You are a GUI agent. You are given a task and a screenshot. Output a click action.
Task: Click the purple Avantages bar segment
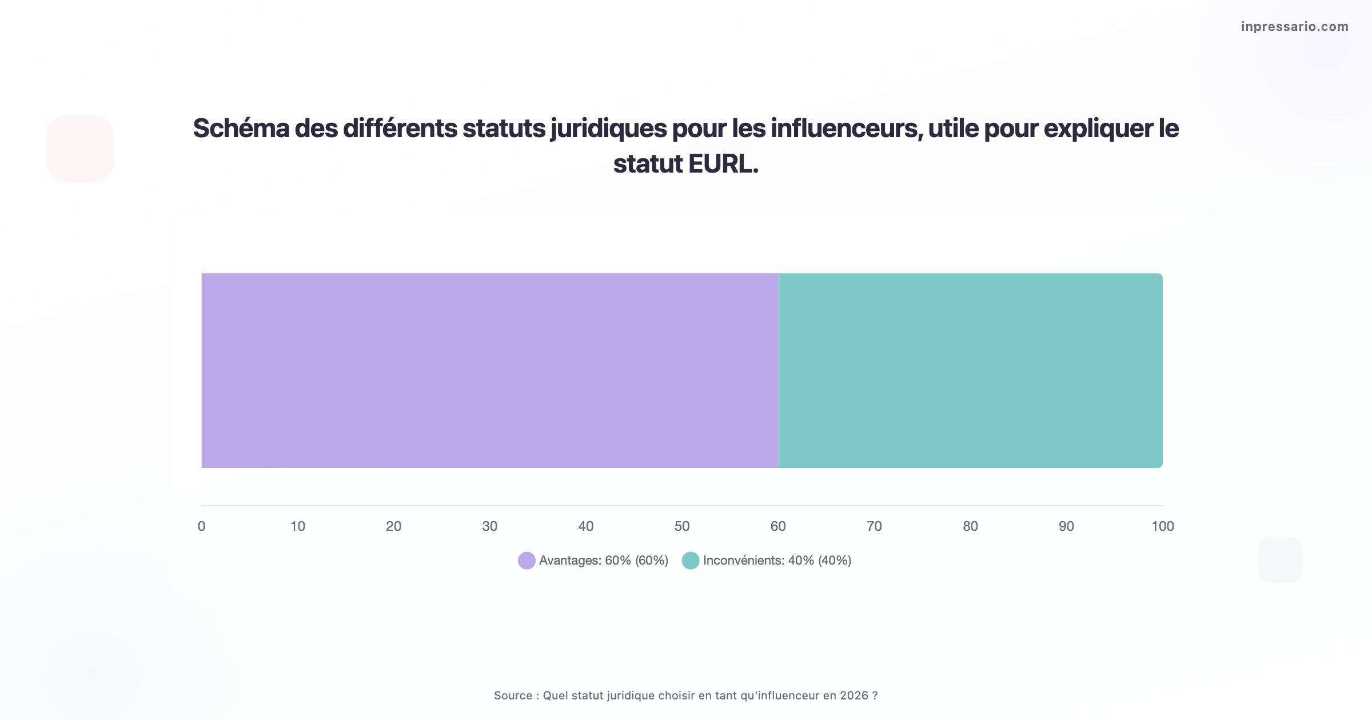coord(489,370)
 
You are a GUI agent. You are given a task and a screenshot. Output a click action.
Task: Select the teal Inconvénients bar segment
coord(970,370)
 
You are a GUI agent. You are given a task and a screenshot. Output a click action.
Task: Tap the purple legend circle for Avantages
coord(527,561)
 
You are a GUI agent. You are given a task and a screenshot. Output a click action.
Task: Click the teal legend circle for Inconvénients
coord(691,561)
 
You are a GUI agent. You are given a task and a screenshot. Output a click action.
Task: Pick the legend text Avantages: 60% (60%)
coord(604,561)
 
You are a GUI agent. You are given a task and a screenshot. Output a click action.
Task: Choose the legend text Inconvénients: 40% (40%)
coord(777,561)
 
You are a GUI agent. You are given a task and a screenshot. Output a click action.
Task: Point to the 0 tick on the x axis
coord(201,526)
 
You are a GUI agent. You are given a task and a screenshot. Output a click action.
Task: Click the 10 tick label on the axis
coord(297,526)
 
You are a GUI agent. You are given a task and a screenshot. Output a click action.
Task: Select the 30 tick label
coord(489,526)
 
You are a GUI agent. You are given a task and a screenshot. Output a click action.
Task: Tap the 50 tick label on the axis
coord(682,526)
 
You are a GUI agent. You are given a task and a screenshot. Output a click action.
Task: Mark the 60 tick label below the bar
coord(778,526)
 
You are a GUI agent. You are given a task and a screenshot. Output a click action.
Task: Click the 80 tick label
coord(970,526)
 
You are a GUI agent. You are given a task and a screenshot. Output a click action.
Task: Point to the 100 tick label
coord(1162,526)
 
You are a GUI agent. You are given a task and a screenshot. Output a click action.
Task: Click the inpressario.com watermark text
coord(1294,27)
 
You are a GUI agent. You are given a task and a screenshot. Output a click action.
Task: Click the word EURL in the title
coord(723,164)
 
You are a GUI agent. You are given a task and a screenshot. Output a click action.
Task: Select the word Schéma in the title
coord(241,129)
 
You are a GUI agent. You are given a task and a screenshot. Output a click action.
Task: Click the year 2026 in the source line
coord(854,695)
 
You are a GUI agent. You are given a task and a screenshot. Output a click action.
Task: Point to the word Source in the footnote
coord(513,695)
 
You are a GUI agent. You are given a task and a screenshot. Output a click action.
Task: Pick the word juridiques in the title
coord(609,129)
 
